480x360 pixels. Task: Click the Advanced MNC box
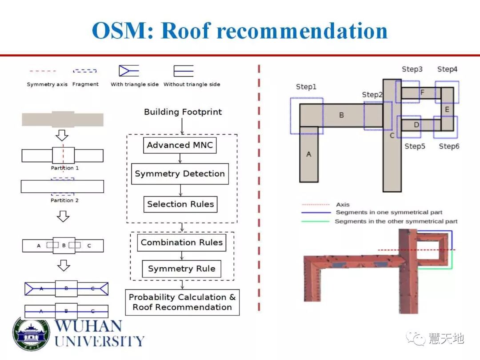pos(180,145)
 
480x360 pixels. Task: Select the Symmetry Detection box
pos(180,174)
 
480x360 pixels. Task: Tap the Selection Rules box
pos(180,204)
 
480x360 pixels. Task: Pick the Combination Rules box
pos(181,243)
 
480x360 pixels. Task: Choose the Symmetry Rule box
pos(181,269)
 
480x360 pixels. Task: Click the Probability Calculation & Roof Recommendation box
pos(182,302)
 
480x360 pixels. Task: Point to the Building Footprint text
pos(183,112)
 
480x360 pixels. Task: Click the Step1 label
pos(306,87)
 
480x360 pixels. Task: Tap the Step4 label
pos(447,69)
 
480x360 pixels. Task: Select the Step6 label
pos(449,147)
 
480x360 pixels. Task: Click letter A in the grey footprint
pos(309,154)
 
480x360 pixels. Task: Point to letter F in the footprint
pos(422,93)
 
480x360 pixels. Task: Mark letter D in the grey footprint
pos(416,125)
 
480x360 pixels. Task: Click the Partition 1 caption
pos(65,168)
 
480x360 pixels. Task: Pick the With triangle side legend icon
pos(129,71)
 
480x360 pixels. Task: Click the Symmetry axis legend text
pos(47,84)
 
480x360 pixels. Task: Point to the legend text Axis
pos(343,204)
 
